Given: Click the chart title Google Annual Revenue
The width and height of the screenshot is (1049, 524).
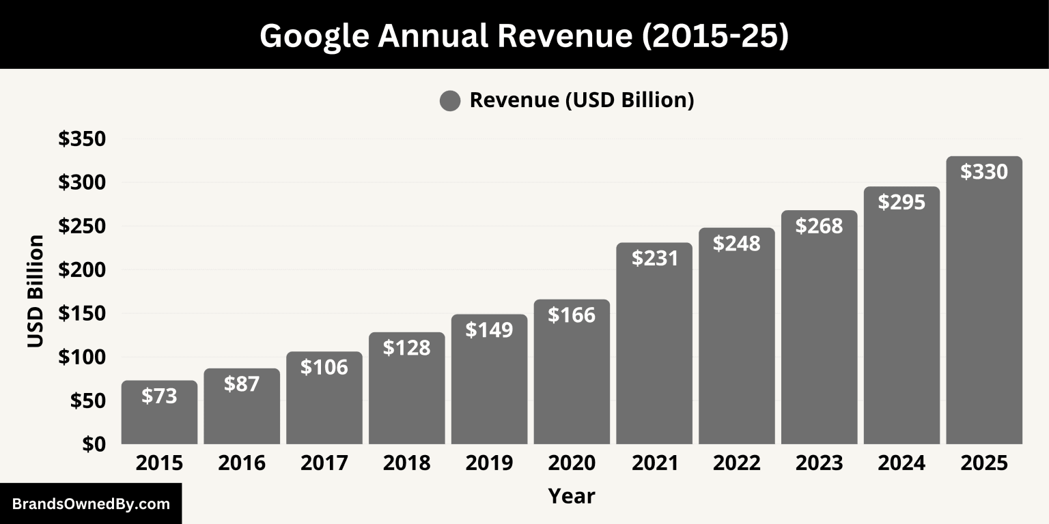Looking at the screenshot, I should coord(524,35).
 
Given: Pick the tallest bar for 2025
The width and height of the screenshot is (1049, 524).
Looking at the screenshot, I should coord(984,307).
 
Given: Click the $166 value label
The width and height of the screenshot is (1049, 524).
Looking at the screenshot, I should coord(572,315).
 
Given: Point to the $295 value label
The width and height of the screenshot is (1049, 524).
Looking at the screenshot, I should coord(901,202).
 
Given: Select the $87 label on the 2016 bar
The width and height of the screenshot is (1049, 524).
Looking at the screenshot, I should coord(242,383).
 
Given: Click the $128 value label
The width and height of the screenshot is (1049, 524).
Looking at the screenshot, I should coord(406,348).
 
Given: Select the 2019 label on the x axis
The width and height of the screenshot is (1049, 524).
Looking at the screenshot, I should coord(489,463).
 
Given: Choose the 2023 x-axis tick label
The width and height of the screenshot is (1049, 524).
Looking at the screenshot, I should coord(819,463).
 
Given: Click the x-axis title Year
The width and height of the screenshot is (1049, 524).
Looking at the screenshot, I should coord(572,496).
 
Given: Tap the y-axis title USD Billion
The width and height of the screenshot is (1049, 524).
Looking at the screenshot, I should coord(36,291).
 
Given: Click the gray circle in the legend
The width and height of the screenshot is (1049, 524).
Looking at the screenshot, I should coord(450,101).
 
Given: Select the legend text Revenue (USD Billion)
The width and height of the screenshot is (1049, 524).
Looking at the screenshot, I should coord(582,100).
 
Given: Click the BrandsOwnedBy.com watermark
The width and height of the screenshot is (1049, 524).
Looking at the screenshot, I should coord(91,504).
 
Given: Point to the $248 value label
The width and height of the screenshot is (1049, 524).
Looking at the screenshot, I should coord(737,244).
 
